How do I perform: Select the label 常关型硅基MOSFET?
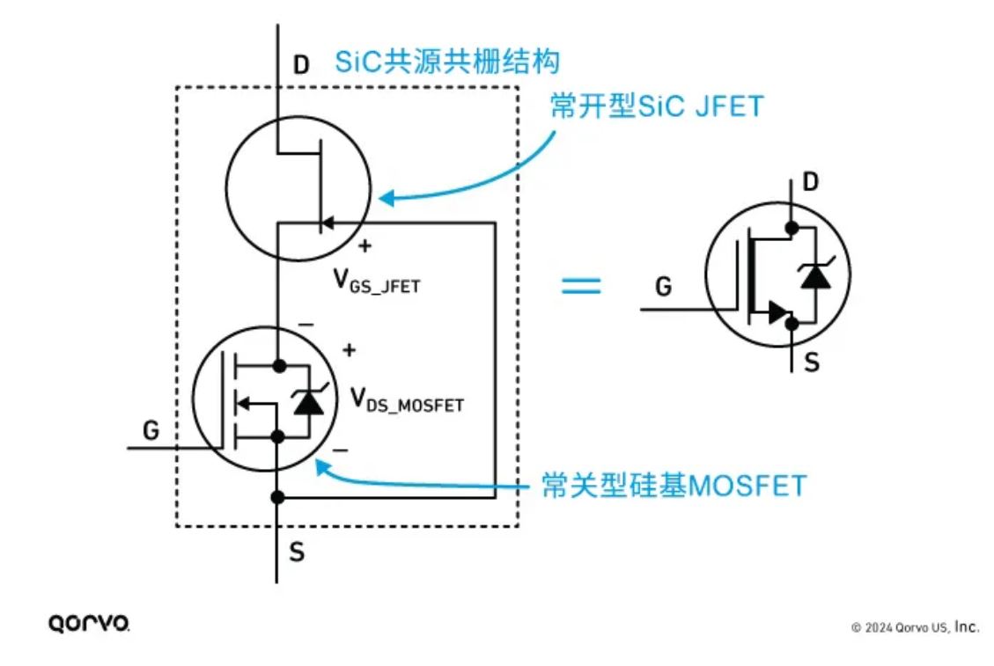[x=674, y=485]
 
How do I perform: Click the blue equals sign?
[x=581, y=286]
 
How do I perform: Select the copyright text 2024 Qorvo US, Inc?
[x=915, y=627]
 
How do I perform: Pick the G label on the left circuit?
[x=151, y=430]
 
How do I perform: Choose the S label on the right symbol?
[x=812, y=361]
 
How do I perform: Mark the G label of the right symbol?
[x=665, y=287]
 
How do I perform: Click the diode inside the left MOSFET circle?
[x=306, y=402]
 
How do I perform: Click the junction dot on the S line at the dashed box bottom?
[x=277, y=497]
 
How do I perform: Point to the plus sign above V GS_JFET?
[x=364, y=246]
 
